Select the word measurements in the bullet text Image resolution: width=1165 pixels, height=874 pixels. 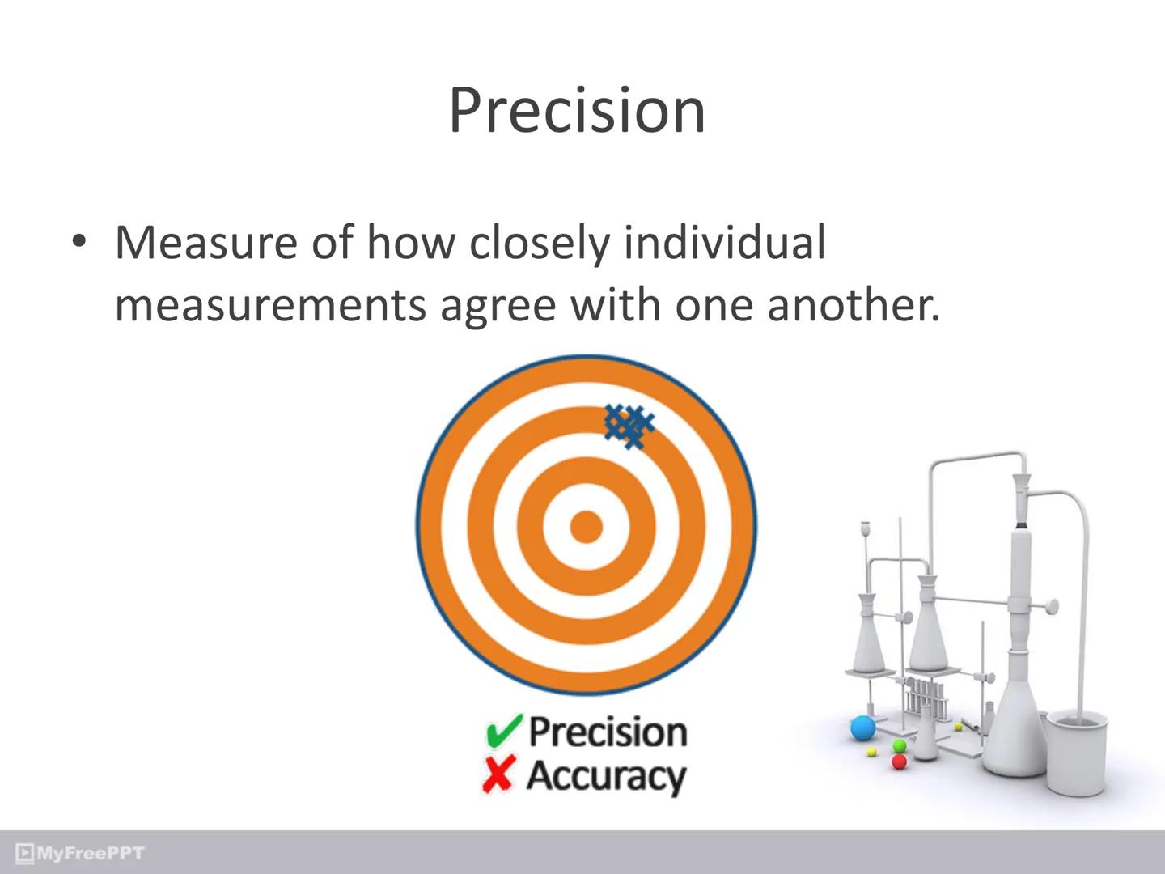tap(270, 305)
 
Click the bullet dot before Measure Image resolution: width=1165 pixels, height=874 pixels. tap(78, 242)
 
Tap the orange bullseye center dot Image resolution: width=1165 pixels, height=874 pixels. tap(586, 527)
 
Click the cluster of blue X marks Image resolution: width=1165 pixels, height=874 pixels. tap(629, 425)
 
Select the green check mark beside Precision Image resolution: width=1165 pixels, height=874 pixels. tap(502, 732)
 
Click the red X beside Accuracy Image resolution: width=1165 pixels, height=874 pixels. tap(498, 775)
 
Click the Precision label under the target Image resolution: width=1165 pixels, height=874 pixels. tap(608, 732)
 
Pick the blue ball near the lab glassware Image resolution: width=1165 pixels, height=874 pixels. tap(863, 728)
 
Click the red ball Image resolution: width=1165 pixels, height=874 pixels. tap(898, 762)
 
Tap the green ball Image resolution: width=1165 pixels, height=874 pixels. tap(899, 745)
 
